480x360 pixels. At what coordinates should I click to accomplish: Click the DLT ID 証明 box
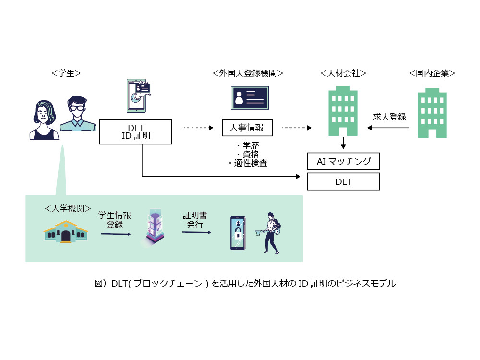(x=135, y=132)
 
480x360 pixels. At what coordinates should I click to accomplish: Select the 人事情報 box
(x=247, y=127)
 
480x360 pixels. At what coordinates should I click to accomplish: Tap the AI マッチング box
(x=343, y=161)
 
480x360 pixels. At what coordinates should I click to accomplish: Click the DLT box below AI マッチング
(x=343, y=181)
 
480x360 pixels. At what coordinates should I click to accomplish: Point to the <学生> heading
(x=66, y=73)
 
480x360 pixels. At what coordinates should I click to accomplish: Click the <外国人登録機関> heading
(x=248, y=73)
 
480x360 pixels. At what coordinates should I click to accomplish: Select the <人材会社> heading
(x=343, y=73)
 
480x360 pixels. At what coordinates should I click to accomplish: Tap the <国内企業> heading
(x=432, y=73)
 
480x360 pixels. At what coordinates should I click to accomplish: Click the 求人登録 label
(x=389, y=117)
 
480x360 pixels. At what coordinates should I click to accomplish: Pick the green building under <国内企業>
(x=432, y=113)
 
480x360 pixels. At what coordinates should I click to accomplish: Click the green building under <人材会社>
(x=343, y=111)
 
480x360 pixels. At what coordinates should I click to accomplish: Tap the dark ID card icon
(x=250, y=98)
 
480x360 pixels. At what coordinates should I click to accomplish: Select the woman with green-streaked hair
(x=44, y=120)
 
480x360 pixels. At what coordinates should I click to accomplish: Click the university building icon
(x=66, y=231)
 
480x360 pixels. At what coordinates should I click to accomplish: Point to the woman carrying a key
(x=270, y=233)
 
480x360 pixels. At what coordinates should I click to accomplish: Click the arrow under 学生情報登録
(x=116, y=234)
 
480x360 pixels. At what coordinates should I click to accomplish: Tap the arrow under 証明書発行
(x=196, y=232)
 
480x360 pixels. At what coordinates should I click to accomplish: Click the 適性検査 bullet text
(x=248, y=163)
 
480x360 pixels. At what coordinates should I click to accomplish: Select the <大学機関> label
(x=68, y=209)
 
